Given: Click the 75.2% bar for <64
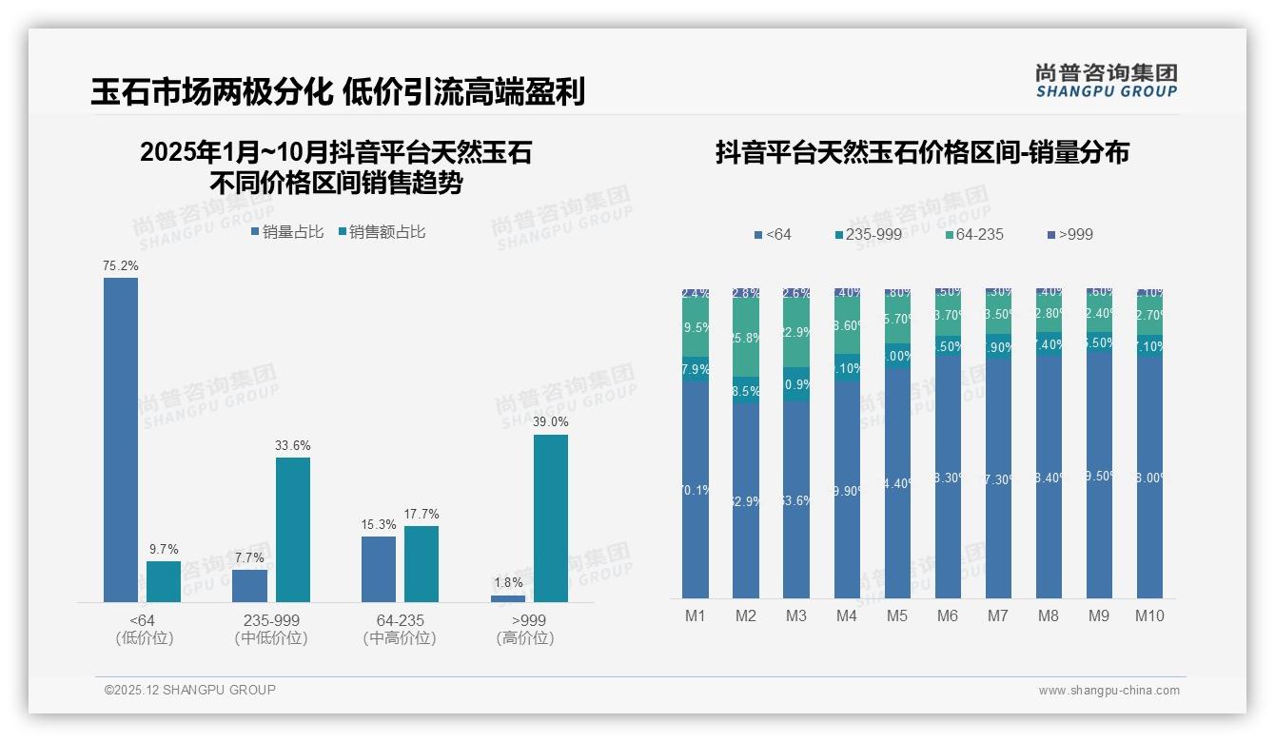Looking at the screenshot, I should pyautogui.click(x=121, y=439).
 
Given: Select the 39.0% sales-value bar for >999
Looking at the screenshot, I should pyautogui.click(x=550, y=518).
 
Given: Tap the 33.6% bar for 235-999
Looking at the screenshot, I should pyautogui.click(x=293, y=530).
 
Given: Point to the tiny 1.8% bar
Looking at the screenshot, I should pyautogui.click(x=508, y=598).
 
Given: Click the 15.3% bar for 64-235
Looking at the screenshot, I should pyautogui.click(x=379, y=569).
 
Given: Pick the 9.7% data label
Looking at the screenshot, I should pyautogui.click(x=164, y=549).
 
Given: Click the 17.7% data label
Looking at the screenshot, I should pyautogui.click(x=422, y=515).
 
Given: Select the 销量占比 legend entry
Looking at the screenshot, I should pyautogui.click(x=288, y=231).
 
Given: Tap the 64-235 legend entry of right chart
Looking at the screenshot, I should pyautogui.click(x=974, y=234).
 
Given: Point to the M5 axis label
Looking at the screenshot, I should pyautogui.click(x=897, y=615).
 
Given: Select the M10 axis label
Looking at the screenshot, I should pyautogui.click(x=1149, y=615).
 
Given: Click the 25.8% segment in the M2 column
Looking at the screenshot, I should pyautogui.click(x=746, y=338).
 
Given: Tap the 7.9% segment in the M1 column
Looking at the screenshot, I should pyautogui.click(x=696, y=369).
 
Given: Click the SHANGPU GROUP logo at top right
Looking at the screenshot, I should pyautogui.click(x=1107, y=81).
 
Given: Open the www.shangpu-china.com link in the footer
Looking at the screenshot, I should pyautogui.click(x=1108, y=691).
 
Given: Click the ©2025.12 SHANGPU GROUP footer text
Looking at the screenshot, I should pyautogui.click(x=190, y=690).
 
